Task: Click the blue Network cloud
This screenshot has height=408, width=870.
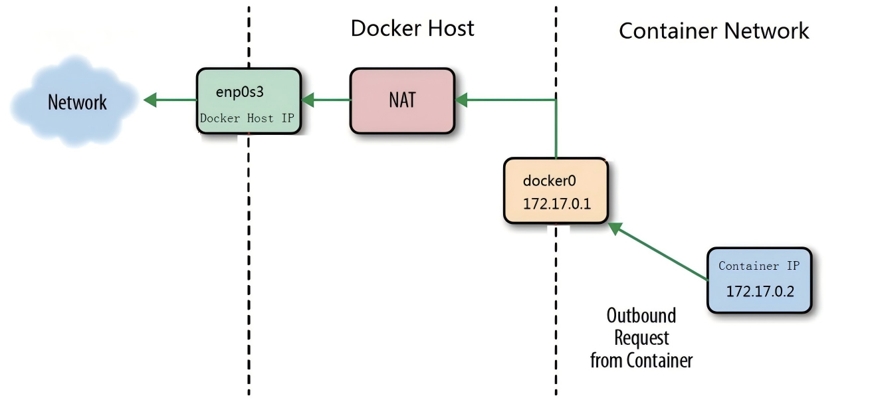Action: click(x=76, y=102)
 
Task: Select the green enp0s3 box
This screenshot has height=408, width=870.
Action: click(x=248, y=101)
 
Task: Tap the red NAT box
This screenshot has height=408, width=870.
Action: click(x=402, y=100)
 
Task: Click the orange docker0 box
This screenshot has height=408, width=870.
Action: click(x=556, y=191)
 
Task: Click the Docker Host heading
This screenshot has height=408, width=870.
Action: click(x=412, y=28)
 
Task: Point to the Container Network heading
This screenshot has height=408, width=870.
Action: click(x=714, y=31)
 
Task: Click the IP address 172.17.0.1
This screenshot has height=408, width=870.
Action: click(x=556, y=203)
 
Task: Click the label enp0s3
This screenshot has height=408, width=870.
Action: click(x=240, y=92)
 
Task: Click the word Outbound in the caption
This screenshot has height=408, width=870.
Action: click(x=641, y=315)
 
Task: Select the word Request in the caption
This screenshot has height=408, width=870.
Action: click(x=641, y=338)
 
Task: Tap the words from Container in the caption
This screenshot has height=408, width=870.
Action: click(x=641, y=360)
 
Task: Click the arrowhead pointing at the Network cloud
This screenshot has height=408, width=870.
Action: click(x=150, y=100)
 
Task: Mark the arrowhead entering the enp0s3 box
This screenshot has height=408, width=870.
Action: click(x=308, y=100)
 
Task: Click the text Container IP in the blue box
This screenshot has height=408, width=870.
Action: click(x=759, y=266)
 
